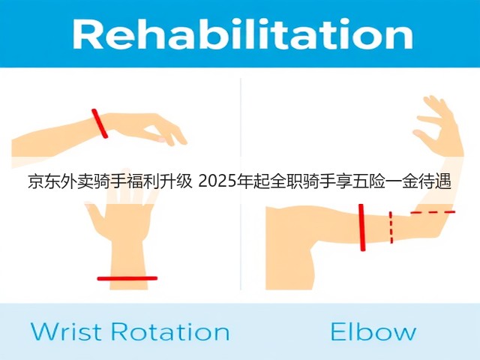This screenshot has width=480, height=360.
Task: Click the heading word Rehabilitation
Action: [x=243, y=34]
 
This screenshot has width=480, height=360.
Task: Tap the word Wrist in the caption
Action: [x=66, y=331]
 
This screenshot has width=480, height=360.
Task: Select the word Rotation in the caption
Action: [x=170, y=331]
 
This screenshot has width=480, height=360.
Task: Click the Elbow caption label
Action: [x=373, y=331]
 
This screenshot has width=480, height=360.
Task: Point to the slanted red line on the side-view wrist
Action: [x=100, y=123]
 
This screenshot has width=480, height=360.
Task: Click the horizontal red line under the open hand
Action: [x=127, y=278]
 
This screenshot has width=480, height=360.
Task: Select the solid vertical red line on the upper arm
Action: [x=362, y=227]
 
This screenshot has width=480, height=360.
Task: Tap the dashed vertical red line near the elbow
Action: [x=391, y=227]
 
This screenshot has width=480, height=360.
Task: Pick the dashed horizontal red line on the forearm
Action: [x=433, y=212]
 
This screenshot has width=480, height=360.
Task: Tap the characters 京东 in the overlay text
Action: [x=43, y=181]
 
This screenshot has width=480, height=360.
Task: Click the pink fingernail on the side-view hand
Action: [x=161, y=139]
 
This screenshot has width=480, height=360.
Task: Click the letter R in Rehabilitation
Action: [x=85, y=34]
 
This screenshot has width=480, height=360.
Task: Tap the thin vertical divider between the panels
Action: [x=241, y=184]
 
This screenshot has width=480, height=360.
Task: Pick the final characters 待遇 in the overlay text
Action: [x=435, y=181]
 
